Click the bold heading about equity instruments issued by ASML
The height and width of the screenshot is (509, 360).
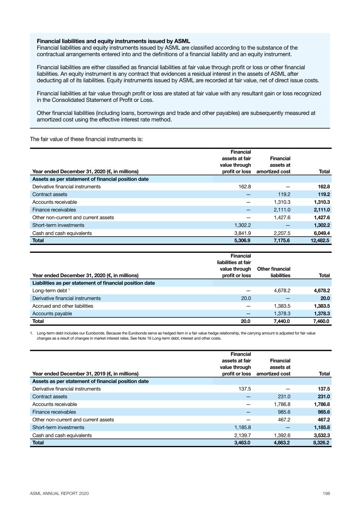113,41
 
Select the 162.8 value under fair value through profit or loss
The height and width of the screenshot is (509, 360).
244,186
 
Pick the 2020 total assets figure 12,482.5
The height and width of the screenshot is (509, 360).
320,241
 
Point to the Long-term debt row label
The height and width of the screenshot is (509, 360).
50,290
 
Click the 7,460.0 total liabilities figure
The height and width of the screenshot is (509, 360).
321,321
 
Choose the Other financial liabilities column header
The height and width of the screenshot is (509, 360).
273,272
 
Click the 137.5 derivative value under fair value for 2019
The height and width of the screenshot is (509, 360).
244,389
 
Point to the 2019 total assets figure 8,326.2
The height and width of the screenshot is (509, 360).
321,443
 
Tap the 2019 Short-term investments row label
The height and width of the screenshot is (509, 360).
58,427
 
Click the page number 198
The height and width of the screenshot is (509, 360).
326,493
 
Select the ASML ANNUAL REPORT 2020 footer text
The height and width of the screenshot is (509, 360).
59,493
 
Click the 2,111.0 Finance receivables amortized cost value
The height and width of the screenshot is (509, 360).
282,210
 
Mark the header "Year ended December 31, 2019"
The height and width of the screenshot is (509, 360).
85,374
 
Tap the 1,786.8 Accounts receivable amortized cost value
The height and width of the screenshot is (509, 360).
282,404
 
